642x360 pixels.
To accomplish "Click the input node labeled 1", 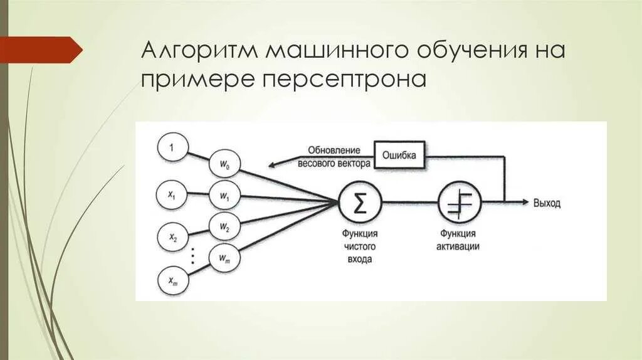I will click(x=170, y=148).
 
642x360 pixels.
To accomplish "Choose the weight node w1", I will click(x=224, y=196).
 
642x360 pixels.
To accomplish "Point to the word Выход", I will click(x=547, y=203).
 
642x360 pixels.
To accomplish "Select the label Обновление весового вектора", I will click(x=334, y=156).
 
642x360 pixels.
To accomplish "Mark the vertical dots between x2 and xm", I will click(x=193, y=256).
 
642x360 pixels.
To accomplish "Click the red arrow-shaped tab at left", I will click(x=41, y=50).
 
